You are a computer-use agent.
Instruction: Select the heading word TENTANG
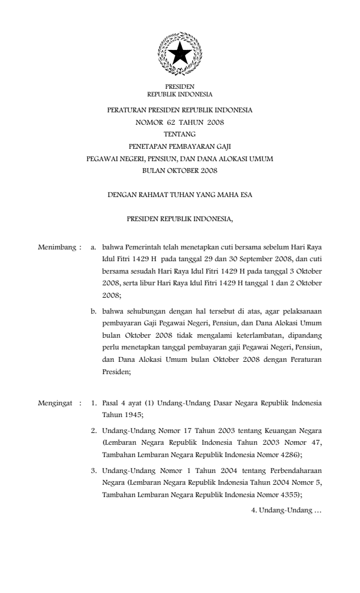pos(179,134)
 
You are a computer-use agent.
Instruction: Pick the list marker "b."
pos(94,308)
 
